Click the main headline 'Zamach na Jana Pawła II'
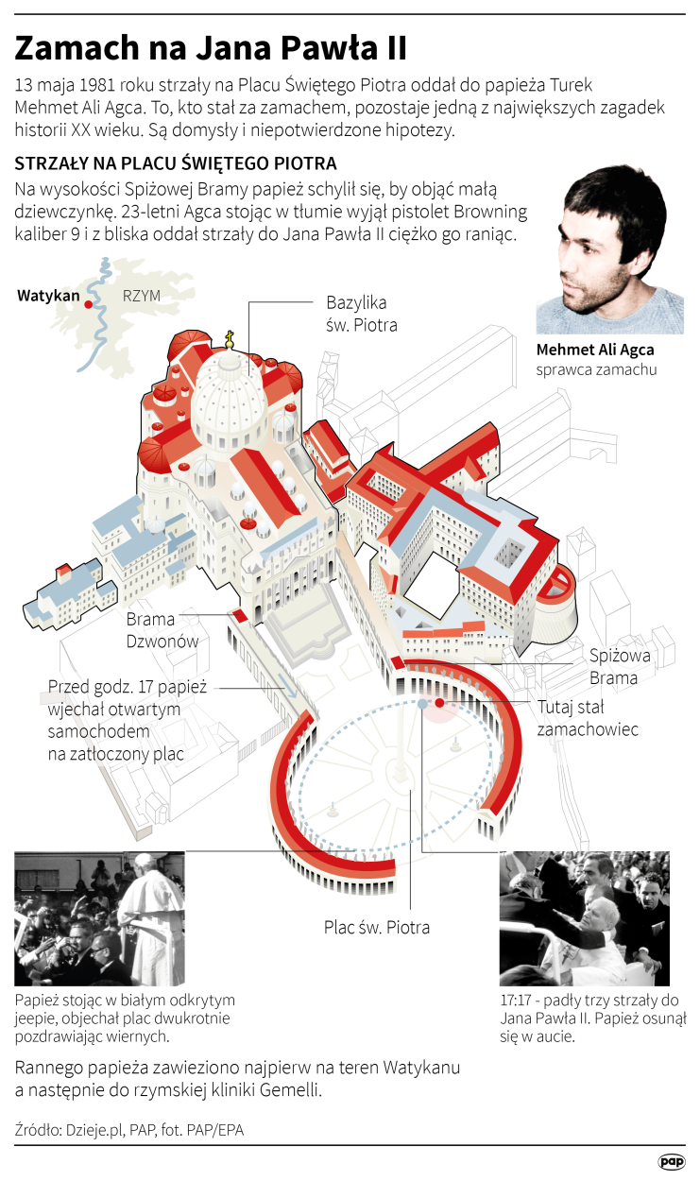pos(211,48)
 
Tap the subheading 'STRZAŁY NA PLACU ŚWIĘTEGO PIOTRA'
pos(176,163)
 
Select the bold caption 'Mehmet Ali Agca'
pos(595,350)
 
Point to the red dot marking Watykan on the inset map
pos(89,304)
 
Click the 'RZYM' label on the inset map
pos(142,296)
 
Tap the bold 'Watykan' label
pos(48,295)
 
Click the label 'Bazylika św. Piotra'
pos(362,314)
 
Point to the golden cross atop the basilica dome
pos(229,339)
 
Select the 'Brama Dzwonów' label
pos(162,630)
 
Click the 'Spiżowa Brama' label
pos(620,666)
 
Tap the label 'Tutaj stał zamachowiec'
pos(588,718)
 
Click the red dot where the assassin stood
pos(439,703)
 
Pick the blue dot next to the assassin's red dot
pos(422,703)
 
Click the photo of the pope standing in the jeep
pos(99,919)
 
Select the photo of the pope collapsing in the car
pos(585,919)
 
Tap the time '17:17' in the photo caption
pos(516,1001)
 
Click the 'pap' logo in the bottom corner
pos(672,1161)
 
